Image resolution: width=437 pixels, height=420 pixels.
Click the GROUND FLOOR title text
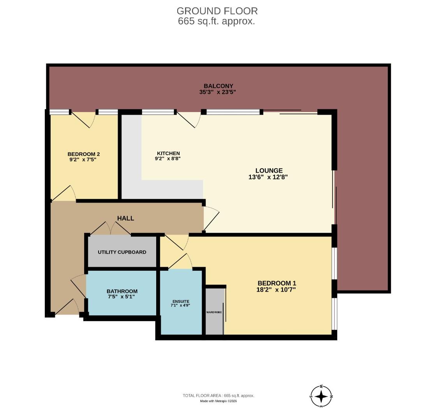click(217, 11)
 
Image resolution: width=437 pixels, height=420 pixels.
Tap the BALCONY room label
click(218, 86)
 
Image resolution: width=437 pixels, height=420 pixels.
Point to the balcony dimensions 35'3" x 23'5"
click(218, 93)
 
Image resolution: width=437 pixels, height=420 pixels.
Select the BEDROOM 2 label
click(83, 154)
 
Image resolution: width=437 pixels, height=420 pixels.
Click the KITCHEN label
click(168, 153)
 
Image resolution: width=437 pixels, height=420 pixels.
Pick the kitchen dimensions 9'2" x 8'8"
click(168, 159)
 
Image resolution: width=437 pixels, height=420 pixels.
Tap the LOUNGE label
click(269, 170)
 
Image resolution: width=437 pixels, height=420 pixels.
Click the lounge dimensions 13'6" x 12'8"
click(269, 177)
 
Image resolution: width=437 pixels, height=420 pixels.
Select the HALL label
click(125, 218)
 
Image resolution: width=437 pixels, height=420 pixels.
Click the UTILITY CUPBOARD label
click(122, 252)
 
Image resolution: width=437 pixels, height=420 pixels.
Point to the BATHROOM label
click(122, 291)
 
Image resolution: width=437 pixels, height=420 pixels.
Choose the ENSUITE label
click(181, 301)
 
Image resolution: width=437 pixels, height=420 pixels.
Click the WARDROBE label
click(214, 312)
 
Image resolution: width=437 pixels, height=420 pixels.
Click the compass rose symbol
click(321, 396)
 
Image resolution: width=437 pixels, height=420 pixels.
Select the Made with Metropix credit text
click(218, 401)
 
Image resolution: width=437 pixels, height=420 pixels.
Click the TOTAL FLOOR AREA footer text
click(218, 395)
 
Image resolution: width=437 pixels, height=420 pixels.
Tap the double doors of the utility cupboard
click(111, 229)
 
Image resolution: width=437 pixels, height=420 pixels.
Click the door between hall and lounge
click(211, 218)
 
